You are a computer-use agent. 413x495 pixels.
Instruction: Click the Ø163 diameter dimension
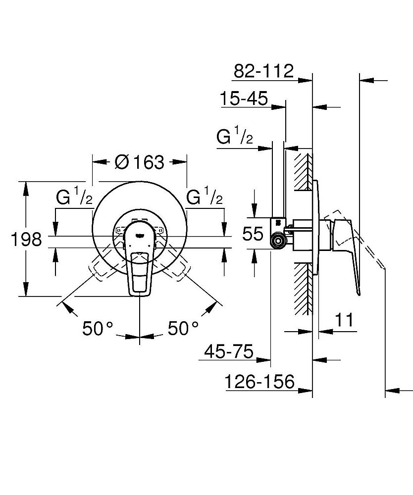coord(139,162)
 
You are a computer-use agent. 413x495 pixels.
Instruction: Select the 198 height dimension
coord(26,239)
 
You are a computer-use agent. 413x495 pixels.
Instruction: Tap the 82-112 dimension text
coord(263,71)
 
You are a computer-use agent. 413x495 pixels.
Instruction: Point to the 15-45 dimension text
coord(244,99)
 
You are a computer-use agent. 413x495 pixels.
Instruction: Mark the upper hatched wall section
coord(303,171)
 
